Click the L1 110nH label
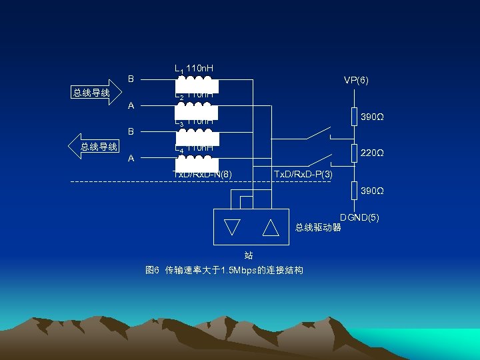coord(194,69)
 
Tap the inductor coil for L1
coord(197,84)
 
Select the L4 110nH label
coord(194,147)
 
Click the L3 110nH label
coord(194,121)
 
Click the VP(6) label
coord(356,80)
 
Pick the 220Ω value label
coord(372,153)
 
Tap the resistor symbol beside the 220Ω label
coord(355,153)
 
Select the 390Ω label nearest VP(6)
coord(372,117)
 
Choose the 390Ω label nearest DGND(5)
coord(372,191)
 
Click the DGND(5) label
coord(359,217)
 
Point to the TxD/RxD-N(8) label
coord(202,175)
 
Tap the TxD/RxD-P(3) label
coord(303,175)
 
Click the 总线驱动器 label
coord(318,227)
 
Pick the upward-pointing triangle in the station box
coord(271,227)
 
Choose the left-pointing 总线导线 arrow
coord(95,147)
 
